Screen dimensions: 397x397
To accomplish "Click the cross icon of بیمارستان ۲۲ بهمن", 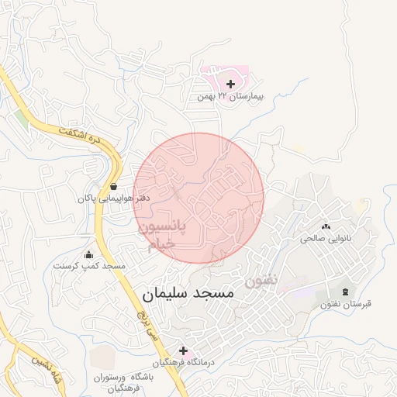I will (230, 83).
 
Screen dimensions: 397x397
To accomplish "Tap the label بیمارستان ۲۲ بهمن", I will (230, 97).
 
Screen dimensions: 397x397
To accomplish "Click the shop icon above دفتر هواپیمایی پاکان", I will (114, 186).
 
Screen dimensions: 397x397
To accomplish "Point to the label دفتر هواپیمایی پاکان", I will (113, 198).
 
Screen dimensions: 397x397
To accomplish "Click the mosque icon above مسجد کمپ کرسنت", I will (88, 254).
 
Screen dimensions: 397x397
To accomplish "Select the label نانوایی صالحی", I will (326, 239).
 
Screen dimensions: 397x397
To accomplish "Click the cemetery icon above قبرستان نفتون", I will (345, 292).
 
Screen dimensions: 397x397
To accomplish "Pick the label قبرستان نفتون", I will (346, 304).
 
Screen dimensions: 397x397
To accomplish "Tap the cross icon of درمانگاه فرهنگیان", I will (183, 350).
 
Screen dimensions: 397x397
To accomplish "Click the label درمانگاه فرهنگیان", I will (182, 363).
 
